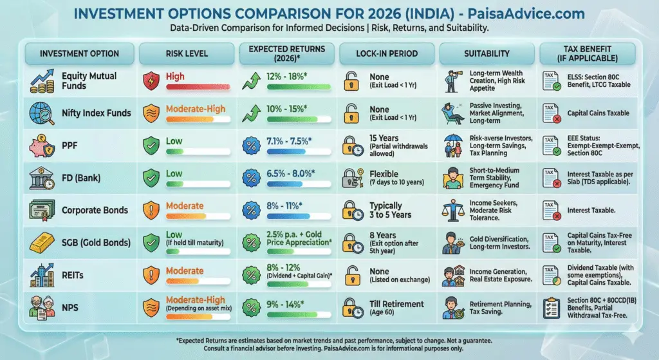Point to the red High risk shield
tap(152, 81)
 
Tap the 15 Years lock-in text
tap(384, 138)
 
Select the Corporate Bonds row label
tap(95, 210)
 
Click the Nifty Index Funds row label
tap(97, 113)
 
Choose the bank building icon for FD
tap(41, 178)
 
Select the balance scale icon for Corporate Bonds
tap(454, 210)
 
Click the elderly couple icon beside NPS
tap(41, 307)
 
